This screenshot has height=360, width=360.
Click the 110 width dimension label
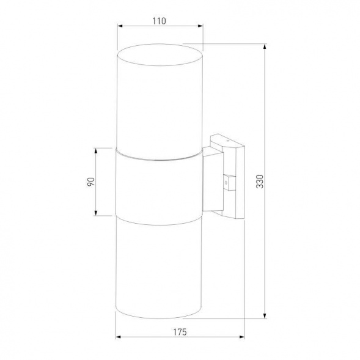159,20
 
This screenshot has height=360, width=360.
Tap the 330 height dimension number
259,182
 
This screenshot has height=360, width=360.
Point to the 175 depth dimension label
178,332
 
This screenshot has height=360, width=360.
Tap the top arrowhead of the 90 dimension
96,150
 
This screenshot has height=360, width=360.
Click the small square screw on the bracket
227,181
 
